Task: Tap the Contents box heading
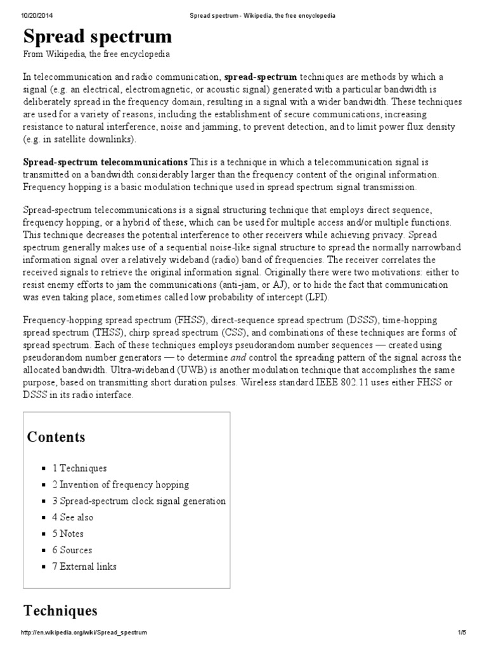pos(56,437)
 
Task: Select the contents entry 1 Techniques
pos(79,468)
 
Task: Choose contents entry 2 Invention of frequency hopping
pos(120,484)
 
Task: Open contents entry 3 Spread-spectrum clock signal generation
pos(139,501)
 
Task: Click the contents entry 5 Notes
pos(68,534)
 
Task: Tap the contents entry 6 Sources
pos(72,550)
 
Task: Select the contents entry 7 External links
pos(84,567)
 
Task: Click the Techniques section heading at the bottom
pos(60,610)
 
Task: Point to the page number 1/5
pos(461,633)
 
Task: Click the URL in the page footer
pos(84,633)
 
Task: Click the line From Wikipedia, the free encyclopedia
pos(96,55)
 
